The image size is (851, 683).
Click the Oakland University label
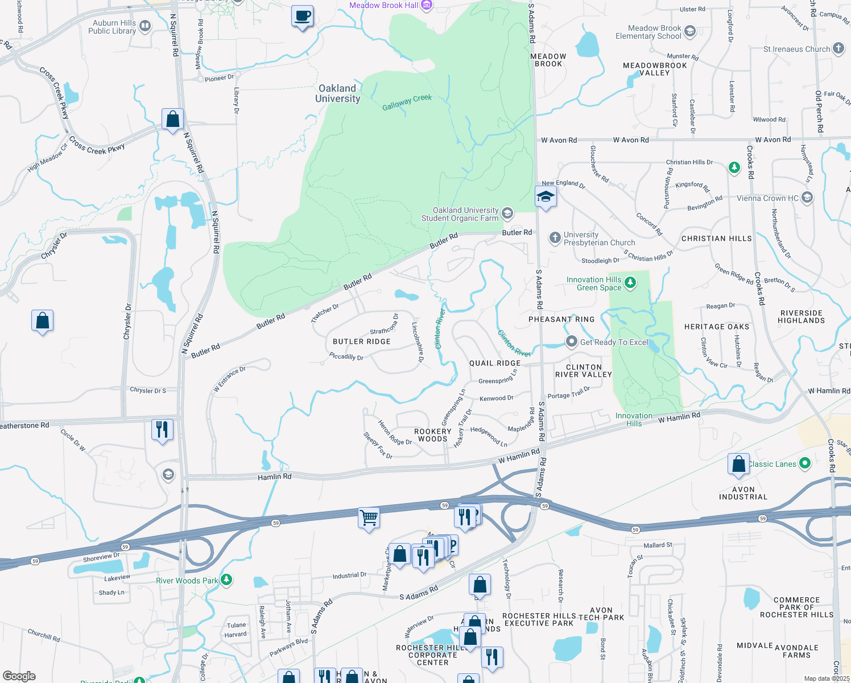pos(337,93)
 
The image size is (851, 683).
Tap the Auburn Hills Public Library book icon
pos(145,26)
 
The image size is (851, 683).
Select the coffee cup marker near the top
pos(302,16)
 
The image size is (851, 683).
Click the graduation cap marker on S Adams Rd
pos(545,197)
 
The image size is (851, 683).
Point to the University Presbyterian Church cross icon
pos(555,238)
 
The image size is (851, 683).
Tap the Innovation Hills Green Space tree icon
pos(630,283)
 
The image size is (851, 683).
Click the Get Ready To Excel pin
pos(571,341)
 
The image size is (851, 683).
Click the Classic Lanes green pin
pos(804,463)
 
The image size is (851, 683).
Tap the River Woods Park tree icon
pos(226,580)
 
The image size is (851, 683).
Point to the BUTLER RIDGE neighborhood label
pos(362,341)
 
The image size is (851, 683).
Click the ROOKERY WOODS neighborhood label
pos(432,435)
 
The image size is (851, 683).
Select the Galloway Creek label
pos(407,102)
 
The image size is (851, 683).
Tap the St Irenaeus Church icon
pos(838,48)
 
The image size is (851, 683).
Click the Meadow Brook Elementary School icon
pos(690,31)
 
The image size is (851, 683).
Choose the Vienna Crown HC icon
pos(807,198)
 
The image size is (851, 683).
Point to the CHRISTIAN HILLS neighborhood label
pos(716,238)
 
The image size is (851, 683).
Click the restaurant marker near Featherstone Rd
pos(162,429)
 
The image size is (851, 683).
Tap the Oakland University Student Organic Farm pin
pos(507,214)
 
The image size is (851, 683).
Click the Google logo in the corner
pos(19,676)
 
